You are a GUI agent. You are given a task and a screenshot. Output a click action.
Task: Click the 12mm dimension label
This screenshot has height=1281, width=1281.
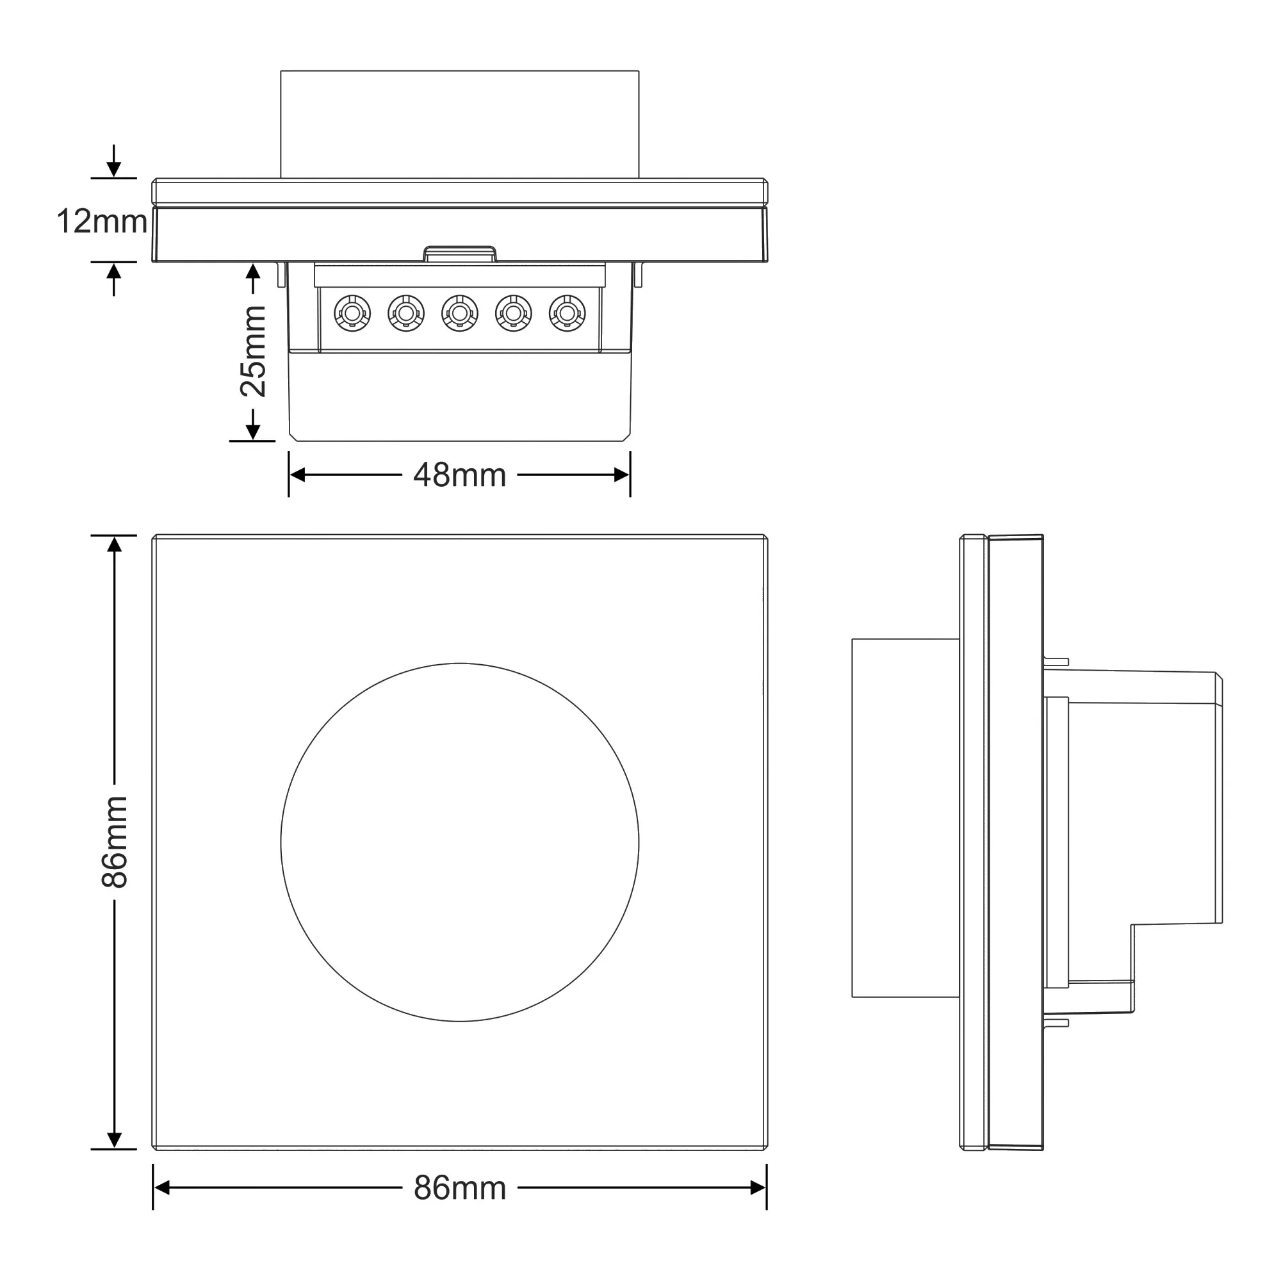101,222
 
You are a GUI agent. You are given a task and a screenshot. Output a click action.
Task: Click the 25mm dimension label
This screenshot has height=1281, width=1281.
252,352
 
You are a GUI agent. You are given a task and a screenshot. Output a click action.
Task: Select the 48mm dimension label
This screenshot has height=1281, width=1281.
459,475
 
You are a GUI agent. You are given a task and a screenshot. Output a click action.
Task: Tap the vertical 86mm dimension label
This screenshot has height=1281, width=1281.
114,842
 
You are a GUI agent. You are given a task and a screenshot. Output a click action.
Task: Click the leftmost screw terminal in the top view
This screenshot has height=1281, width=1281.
352,313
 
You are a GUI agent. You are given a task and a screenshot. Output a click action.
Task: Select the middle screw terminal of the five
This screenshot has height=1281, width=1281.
459,313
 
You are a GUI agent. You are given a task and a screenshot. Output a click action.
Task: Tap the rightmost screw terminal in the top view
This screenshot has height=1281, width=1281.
567,313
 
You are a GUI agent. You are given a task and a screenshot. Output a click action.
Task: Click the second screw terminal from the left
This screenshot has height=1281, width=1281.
406,313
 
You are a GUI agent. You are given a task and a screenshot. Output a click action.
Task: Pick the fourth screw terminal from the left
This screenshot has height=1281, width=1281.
513,313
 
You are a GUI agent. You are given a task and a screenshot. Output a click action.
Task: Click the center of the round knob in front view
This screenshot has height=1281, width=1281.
459,842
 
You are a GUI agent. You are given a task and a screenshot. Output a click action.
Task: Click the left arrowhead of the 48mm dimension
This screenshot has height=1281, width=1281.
297,475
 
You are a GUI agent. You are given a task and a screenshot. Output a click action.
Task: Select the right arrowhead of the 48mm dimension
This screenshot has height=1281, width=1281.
622,475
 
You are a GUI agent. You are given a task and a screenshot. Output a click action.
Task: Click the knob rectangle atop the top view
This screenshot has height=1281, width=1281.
459,124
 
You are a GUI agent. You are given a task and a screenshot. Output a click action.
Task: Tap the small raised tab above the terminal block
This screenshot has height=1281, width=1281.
459,254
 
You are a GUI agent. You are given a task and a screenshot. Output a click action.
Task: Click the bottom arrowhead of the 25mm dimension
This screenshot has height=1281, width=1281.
252,432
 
